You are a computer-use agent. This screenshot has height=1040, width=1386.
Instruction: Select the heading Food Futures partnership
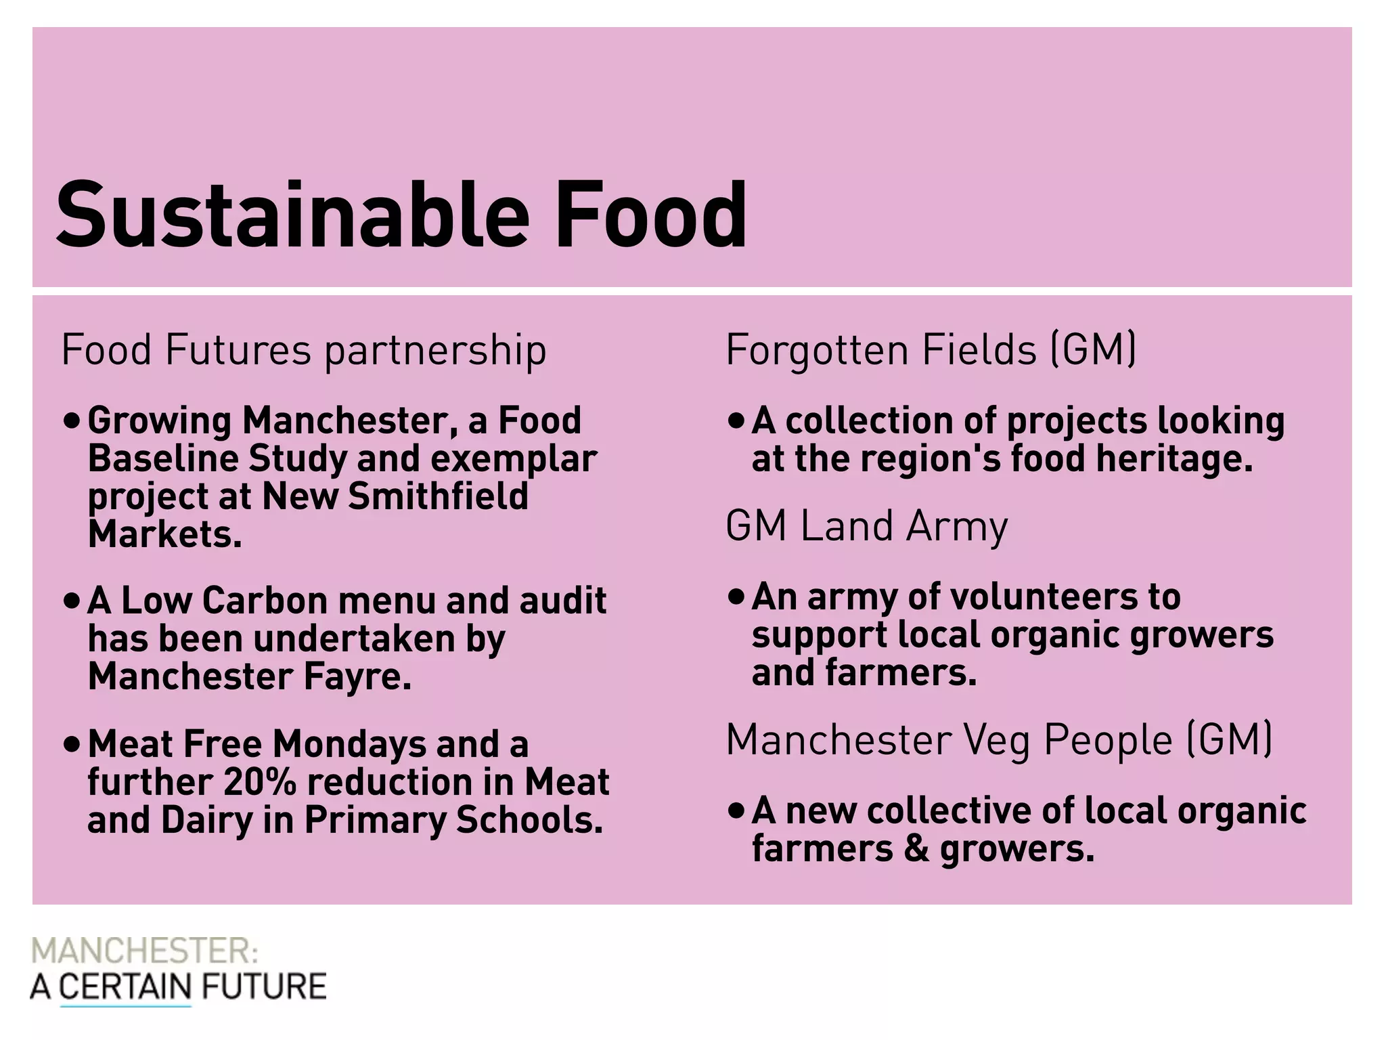304,350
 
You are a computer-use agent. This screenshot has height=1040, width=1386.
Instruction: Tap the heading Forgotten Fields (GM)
931,350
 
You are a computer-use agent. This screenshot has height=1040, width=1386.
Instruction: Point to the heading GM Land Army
866,526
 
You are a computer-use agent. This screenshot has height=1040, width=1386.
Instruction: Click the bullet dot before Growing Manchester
72,421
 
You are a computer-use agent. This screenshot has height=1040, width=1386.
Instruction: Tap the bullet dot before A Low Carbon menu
72,601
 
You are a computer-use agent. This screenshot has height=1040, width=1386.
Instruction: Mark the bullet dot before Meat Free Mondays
72,745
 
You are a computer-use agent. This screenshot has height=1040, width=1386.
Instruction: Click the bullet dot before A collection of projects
736,421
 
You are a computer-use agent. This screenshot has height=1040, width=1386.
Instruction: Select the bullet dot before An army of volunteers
736,597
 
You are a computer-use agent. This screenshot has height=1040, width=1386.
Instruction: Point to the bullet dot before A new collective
736,810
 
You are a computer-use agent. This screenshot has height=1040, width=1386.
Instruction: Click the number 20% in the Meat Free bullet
260,782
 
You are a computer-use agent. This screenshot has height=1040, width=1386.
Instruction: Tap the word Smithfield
438,496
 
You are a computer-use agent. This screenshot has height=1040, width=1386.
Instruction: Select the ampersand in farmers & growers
916,849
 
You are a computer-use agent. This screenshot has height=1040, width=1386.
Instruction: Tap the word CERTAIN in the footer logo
125,987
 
